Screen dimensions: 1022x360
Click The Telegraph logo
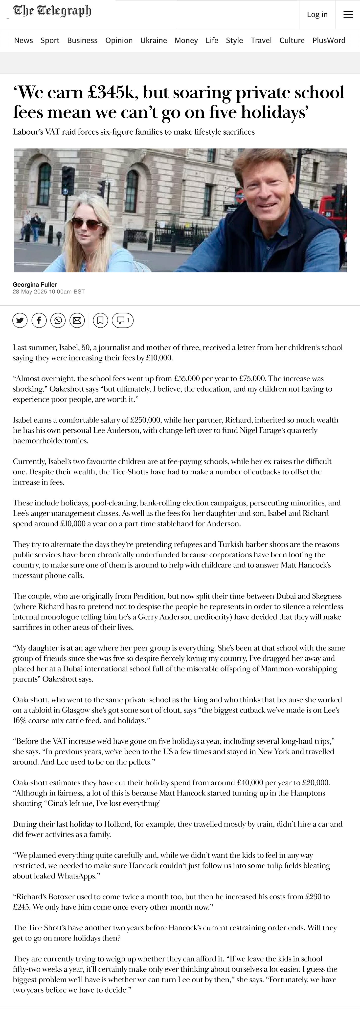(x=52, y=11)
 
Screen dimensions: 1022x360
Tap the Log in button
(x=317, y=15)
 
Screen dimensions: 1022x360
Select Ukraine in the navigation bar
(x=154, y=41)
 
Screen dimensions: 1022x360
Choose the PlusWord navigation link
(x=329, y=41)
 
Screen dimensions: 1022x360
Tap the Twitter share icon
(x=20, y=320)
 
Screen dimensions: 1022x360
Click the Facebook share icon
(x=39, y=320)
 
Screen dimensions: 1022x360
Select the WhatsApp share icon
(x=58, y=320)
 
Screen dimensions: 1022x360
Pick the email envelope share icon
(x=77, y=320)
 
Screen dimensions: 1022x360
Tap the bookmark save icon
(x=100, y=320)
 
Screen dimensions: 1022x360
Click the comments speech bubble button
(x=123, y=320)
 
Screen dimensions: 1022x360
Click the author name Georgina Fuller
(x=35, y=284)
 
